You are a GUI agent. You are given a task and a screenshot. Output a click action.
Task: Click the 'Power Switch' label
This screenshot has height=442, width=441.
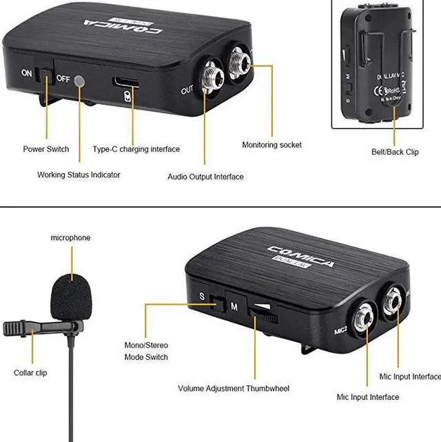tap(46, 149)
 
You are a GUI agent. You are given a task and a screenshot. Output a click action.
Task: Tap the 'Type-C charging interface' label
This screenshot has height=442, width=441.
tap(136, 149)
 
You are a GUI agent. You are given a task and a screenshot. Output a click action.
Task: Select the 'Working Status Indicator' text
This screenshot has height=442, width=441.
tap(79, 175)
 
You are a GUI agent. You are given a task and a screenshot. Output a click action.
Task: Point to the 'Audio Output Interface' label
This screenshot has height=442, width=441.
tap(205, 177)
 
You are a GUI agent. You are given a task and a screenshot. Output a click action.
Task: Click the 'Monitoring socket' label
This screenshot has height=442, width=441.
tap(271, 145)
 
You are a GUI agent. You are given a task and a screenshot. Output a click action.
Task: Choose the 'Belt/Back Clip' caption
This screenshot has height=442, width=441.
tap(394, 152)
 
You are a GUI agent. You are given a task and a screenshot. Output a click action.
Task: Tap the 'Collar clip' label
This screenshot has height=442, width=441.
tap(30, 373)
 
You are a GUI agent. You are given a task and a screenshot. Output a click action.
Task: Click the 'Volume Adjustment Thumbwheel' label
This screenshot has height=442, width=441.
tap(234, 389)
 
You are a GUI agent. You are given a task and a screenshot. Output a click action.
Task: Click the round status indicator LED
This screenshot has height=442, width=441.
tap(81, 81)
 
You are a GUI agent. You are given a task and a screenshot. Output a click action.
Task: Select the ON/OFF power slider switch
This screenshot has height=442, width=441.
tap(47, 75)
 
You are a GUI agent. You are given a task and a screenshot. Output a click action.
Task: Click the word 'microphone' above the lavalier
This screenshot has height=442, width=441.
tap(70, 238)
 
